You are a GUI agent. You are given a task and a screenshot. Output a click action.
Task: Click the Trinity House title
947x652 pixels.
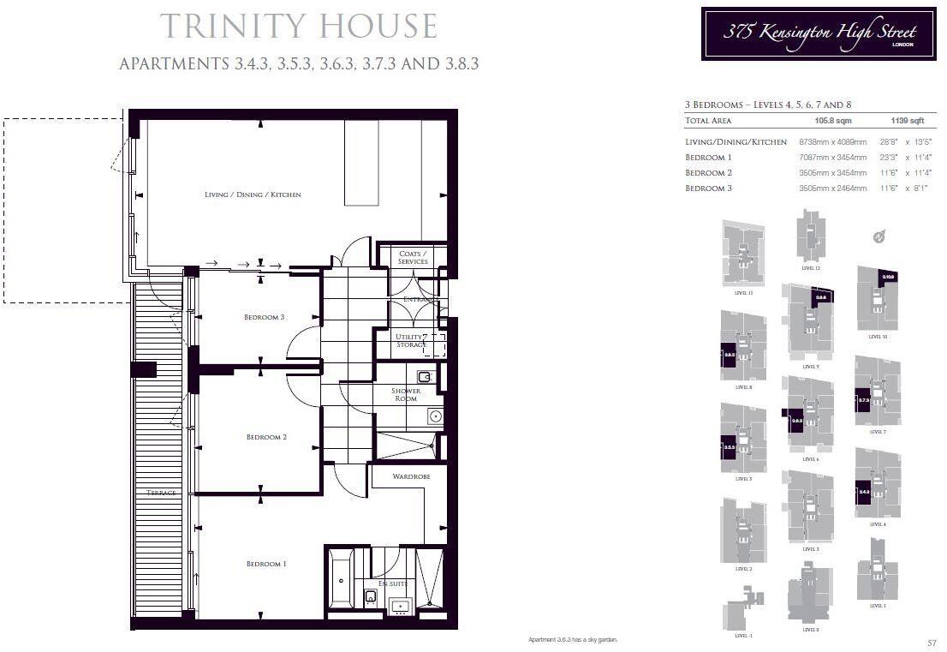click(299, 26)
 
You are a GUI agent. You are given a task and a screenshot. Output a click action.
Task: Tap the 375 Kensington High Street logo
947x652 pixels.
click(818, 33)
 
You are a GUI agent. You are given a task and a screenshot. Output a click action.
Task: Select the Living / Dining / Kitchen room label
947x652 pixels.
click(253, 194)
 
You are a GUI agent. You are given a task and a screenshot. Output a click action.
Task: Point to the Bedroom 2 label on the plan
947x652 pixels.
click(266, 437)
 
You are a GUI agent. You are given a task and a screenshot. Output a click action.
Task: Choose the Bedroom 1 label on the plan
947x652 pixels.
click(265, 564)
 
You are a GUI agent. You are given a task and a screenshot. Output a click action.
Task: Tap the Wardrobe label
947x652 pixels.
click(411, 476)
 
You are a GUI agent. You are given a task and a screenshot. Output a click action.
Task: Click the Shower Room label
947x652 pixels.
click(406, 394)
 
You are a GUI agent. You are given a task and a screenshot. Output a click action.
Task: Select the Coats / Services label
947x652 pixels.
click(413, 257)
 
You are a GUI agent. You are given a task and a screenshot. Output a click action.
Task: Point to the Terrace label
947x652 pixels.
click(161, 493)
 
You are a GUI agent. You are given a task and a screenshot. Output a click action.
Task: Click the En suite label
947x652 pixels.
click(392, 583)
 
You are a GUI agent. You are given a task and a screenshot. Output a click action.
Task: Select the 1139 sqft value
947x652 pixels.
click(907, 122)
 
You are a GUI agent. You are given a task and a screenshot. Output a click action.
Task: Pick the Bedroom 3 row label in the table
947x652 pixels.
click(708, 188)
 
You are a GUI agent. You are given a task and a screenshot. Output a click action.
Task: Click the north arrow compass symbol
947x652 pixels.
click(879, 237)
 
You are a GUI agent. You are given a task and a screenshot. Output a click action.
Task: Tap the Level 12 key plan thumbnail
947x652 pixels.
click(810, 236)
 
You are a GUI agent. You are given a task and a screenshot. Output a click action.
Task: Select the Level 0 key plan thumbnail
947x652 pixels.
click(810, 596)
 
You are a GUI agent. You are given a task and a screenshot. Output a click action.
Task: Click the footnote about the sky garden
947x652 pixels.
click(573, 640)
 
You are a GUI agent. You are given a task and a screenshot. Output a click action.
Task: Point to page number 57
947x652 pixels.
click(932, 643)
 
